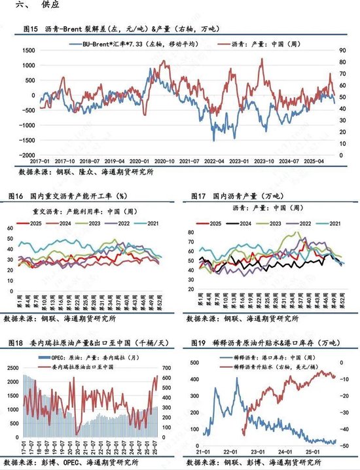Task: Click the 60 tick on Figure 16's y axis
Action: tap(10, 228)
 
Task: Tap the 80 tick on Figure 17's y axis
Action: tap(192, 233)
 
